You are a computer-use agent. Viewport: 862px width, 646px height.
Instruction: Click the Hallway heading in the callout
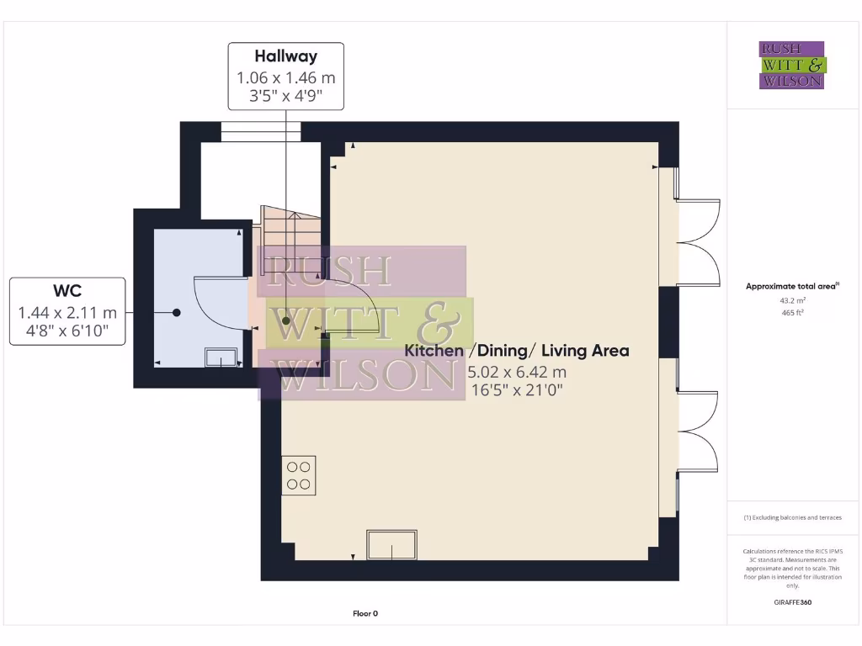point(286,56)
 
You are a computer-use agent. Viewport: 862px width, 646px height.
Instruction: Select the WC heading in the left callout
point(67,291)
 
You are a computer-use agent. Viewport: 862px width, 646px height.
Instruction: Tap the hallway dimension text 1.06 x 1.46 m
point(286,77)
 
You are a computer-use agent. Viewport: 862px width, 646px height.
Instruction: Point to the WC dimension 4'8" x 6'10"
point(67,331)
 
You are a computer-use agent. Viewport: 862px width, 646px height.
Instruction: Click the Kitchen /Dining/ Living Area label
point(517,351)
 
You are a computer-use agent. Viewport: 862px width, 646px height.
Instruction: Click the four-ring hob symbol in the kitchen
point(299,474)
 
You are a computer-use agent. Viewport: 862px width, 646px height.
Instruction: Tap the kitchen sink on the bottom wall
point(391,545)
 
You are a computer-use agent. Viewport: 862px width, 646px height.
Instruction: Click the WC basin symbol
point(221,357)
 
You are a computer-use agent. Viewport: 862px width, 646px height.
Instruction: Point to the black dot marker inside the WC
point(177,313)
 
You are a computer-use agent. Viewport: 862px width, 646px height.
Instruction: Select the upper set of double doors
point(699,242)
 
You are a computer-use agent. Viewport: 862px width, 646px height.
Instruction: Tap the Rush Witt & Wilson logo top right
point(792,65)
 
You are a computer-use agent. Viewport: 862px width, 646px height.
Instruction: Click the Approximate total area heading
point(791,287)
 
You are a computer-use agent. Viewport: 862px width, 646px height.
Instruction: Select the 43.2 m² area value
point(791,300)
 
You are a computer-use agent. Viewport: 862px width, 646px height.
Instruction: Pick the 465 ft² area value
point(791,313)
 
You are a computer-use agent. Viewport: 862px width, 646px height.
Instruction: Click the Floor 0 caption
point(365,614)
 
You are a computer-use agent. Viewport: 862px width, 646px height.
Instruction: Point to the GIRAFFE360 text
point(792,602)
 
